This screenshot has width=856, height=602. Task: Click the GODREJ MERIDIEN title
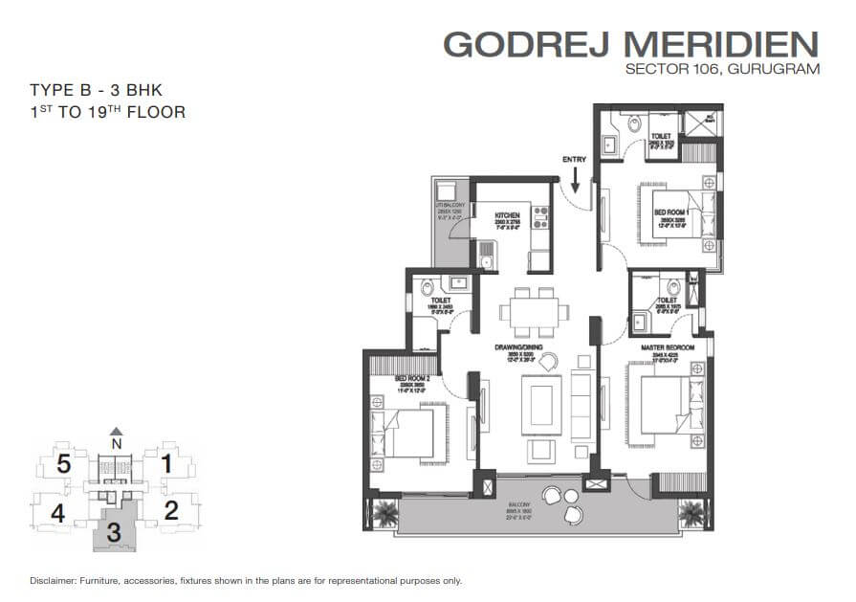[631, 44]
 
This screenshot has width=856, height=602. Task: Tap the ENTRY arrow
[576, 177]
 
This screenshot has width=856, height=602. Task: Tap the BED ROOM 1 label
[671, 212]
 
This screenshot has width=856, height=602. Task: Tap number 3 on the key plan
[114, 533]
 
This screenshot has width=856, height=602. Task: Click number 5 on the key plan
[62, 466]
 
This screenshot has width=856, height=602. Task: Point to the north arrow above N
[116, 432]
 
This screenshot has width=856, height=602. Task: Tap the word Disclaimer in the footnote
[53, 581]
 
